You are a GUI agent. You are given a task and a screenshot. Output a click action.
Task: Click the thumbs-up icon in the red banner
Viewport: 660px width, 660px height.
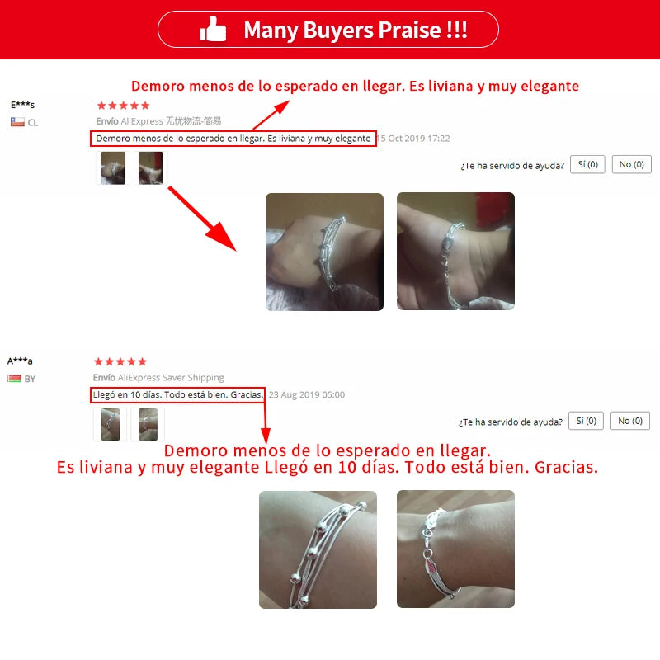(213, 29)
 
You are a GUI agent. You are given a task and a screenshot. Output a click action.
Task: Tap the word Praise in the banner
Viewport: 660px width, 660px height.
(409, 30)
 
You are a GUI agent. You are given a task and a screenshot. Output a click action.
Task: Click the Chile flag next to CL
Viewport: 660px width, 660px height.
(17, 122)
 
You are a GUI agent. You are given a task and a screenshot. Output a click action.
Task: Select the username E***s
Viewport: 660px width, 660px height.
(23, 105)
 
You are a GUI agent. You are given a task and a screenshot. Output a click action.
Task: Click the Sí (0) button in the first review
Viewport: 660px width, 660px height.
(587, 164)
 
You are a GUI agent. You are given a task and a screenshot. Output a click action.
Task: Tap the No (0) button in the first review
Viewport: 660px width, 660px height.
(631, 164)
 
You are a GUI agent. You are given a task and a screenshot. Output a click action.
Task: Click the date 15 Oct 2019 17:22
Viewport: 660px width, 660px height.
(414, 139)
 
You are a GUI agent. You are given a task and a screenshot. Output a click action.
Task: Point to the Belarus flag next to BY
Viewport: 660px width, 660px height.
(14, 379)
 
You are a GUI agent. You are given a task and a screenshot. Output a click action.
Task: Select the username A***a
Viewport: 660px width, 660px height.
(20, 361)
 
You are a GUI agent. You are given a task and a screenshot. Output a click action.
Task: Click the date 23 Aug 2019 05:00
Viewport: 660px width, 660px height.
(307, 395)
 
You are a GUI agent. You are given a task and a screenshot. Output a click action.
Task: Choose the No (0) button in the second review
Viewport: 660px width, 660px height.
(630, 421)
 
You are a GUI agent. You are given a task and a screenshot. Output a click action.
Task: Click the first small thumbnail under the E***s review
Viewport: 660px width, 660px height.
(113, 168)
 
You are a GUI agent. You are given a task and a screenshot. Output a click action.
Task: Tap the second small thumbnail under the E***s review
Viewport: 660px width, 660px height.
(151, 168)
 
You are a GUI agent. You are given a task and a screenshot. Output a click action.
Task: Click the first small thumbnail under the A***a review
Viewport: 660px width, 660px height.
(111, 424)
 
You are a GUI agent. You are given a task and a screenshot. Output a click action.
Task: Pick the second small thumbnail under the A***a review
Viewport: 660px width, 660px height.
(148, 424)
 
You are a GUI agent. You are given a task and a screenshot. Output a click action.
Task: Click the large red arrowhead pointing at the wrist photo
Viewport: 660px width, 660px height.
(223, 237)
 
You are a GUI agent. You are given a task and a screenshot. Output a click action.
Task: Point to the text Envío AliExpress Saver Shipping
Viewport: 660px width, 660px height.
(158, 378)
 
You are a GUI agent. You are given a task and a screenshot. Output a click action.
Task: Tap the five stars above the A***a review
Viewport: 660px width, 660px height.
(120, 361)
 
